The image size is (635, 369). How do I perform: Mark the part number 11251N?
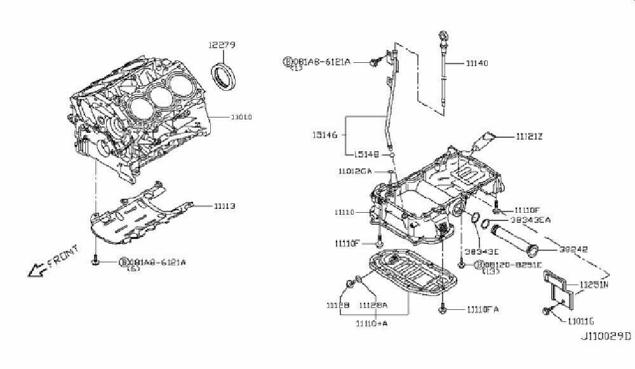pyautogui.click(x=593, y=285)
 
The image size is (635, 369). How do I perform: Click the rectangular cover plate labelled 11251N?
pyautogui.click(x=559, y=289)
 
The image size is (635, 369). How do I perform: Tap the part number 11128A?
pyautogui.click(x=373, y=305)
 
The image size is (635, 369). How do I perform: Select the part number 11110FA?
pyautogui.click(x=483, y=309)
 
